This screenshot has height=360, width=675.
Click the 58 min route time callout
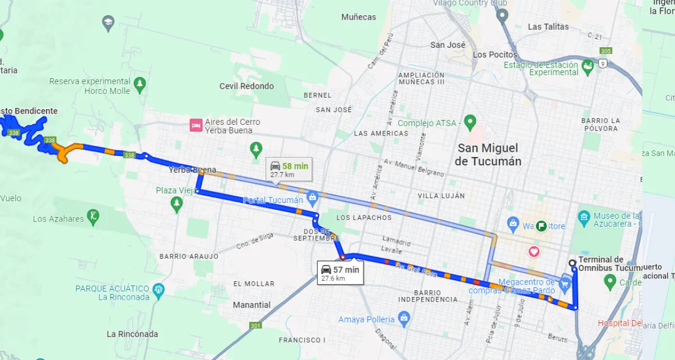tap(287, 169)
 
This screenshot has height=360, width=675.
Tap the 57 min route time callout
tap(339, 273)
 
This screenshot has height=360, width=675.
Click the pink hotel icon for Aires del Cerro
tap(196, 125)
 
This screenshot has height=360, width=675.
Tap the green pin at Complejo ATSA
tap(470, 121)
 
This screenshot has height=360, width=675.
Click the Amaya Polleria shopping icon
tap(403, 319)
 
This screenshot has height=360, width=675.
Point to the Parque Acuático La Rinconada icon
tap(159, 290)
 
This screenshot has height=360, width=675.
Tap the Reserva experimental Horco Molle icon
tap(140, 85)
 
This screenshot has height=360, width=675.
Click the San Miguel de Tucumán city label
tap(488, 154)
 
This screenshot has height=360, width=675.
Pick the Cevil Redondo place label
tap(246, 86)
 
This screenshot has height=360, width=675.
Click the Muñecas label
tap(358, 17)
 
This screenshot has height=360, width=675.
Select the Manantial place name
tap(251, 305)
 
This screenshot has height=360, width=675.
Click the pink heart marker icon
tap(533, 251)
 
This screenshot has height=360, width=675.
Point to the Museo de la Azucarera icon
tap(584, 217)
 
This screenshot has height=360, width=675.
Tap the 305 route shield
tap(605, 51)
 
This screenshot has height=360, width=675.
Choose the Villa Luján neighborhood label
tap(441, 196)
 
